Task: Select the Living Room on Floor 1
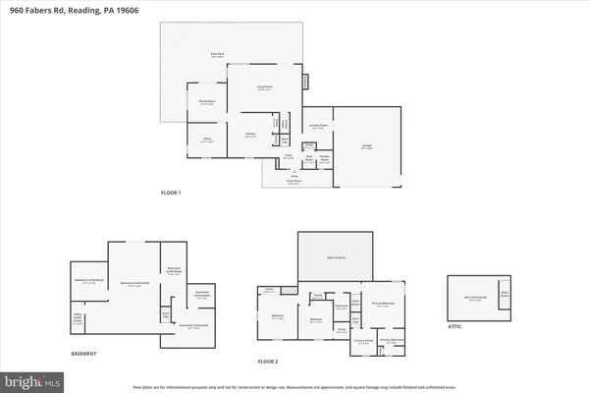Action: (x=264, y=89)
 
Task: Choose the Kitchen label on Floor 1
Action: (x=250, y=136)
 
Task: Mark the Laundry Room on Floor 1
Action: (x=318, y=126)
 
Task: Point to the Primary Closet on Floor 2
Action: (x=362, y=342)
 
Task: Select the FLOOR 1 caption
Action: (x=173, y=194)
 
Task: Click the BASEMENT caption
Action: (x=84, y=354)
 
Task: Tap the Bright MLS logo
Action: (x=33, y=379)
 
